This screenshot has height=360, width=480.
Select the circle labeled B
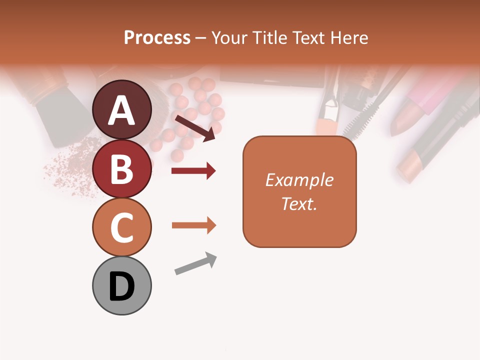coord(122,168)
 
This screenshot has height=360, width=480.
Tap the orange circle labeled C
coord(122,227)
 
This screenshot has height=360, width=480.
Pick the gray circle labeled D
coord(122,285)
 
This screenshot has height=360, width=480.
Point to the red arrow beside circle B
coord(193,171)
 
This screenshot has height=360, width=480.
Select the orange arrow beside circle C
coord(193,225)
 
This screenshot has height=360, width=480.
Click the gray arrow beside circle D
coord(195,263)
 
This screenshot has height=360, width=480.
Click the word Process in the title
coord(157,38)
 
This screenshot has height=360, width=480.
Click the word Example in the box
coord(299,180)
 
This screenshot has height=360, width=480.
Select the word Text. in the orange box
coord(299,203)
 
